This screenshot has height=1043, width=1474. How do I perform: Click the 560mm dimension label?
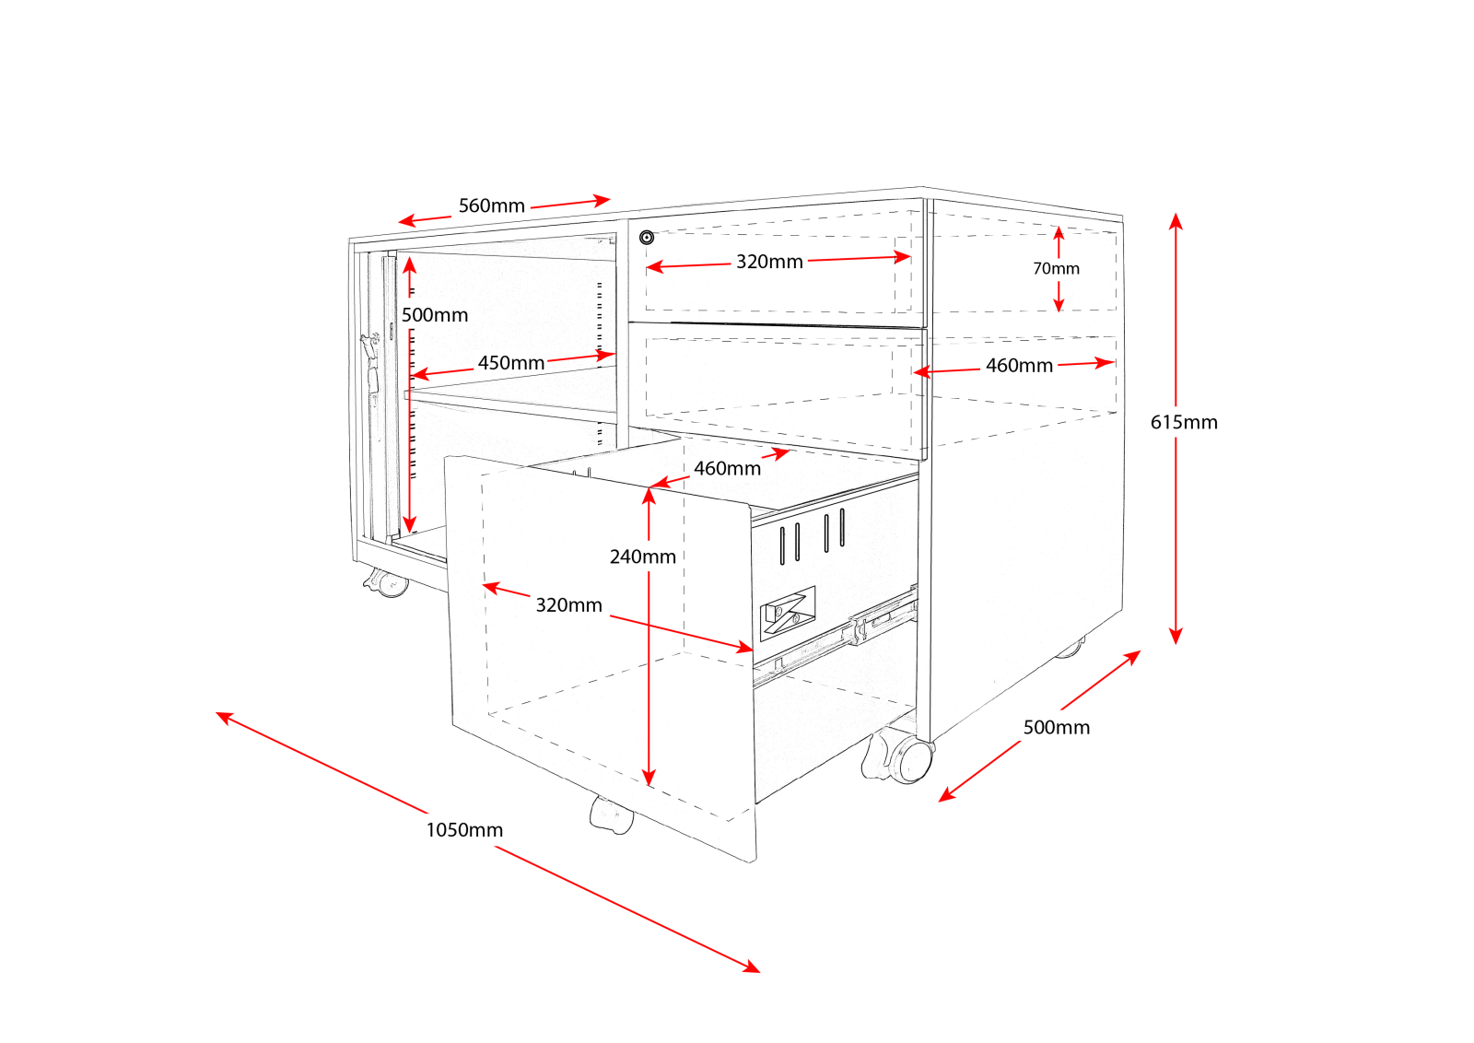[491, 205]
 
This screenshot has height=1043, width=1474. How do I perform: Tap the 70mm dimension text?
[1056, 268]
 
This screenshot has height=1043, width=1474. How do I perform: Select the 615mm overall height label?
[1184, 422]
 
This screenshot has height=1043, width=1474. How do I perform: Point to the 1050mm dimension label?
[464, 829]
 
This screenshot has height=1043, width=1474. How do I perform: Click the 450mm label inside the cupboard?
[510, 363]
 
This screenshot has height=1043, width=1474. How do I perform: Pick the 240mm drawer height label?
[642, 557]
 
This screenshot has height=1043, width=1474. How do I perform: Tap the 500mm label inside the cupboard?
[435, 315]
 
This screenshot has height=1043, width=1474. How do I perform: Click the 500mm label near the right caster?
[1056, 727]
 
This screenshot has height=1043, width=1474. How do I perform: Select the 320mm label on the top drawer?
[769, 262]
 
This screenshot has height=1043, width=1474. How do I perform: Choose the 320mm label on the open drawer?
[568, 605]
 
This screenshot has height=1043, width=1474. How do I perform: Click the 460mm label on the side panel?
[1019, 366]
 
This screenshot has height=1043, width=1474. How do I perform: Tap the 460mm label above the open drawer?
[727, 468]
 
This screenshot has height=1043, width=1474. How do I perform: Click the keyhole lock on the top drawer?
[647, 238]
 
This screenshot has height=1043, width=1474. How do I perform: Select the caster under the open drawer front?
[611, 815]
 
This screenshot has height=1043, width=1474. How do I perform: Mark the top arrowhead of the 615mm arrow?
[1176, 219]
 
